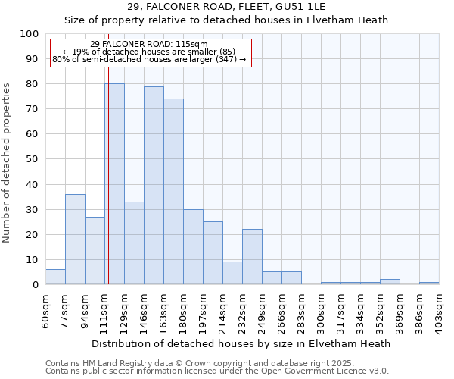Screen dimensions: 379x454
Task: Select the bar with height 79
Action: click(x=154, y=186)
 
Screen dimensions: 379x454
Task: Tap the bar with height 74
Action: click(x=173, y=192)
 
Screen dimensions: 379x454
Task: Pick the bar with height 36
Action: click(x=75, y=240)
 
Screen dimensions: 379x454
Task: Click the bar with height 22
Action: click(x=252, y=257)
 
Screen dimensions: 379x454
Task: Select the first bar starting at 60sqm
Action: click(x=55, y=277)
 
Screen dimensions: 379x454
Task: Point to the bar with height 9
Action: click(x=232, y=274)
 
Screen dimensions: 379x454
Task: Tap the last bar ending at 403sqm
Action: click(x=429, y=283)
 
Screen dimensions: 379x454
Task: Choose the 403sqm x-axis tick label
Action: click(x=440, y=311)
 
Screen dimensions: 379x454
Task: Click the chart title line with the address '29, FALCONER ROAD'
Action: click(x=227, y=7)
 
